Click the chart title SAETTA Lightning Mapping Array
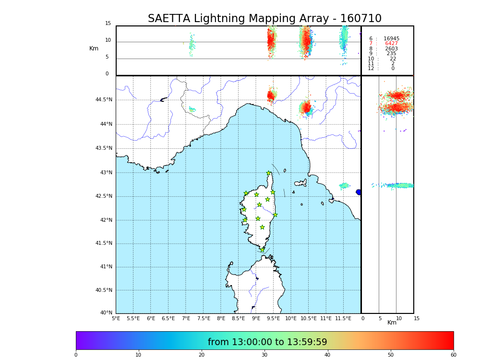[264, 19]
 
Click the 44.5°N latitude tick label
[104, 100]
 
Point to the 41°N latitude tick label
[105, 267]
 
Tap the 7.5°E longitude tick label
[204, 318]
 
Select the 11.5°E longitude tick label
[343, 318]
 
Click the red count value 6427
[391, 44]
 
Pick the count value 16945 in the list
[391, 39]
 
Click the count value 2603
[391, 49]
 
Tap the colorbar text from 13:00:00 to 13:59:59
[267, 342]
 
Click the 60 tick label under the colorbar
[453, 355]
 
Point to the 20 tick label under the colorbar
[202, 355]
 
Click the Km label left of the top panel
[94, 48]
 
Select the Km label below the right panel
[392, 323]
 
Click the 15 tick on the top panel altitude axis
[108, 24]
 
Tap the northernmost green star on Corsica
[269, 173]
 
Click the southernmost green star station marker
[262, 250]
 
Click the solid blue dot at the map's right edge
[359, 192]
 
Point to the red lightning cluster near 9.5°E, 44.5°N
[271, 96]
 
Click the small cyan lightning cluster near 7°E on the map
[192, 109]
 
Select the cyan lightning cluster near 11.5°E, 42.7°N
[344, 186]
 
